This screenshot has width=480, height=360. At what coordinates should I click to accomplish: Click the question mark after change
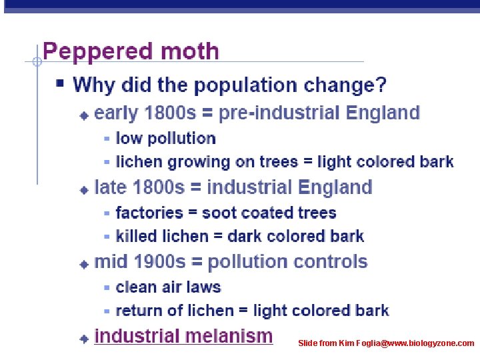(381, 85)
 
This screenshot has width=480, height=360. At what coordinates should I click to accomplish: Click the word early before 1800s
(115, 113)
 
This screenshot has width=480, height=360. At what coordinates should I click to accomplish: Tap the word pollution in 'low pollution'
(181, 139)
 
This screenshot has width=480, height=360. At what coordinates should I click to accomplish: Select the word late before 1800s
(111, 187)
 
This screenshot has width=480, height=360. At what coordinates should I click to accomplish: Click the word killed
(135, 237)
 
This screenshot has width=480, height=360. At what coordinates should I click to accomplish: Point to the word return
(138, 311)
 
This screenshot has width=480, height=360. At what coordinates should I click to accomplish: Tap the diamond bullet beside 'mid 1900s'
(84, 264)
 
